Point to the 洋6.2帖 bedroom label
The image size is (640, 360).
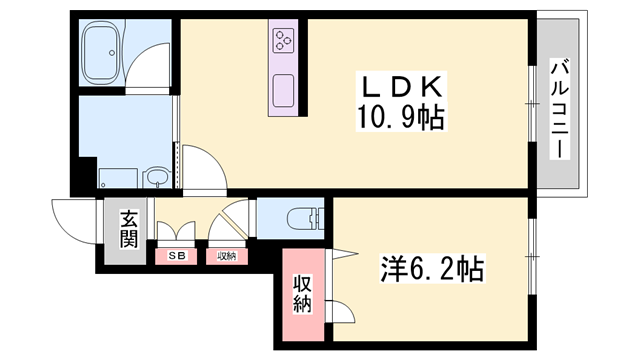tap(432, 269)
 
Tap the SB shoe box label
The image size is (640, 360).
tap(176, 256)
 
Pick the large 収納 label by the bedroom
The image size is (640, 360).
tap(301, 294)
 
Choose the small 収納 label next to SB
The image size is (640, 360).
tap(226, 256)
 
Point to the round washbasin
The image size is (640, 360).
tap(156, 178)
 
